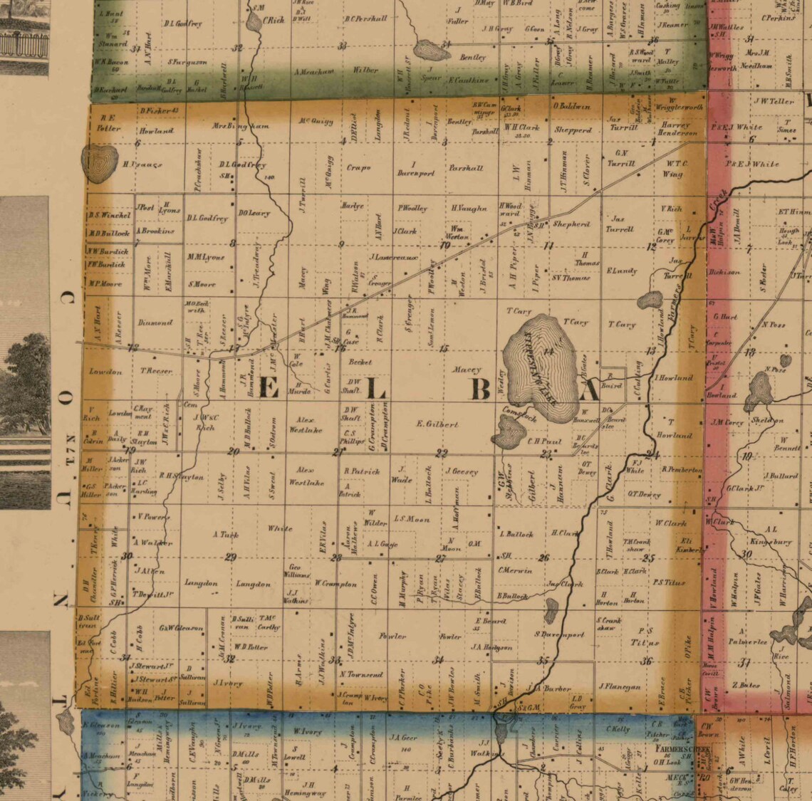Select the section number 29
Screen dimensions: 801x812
[x=230, y=557]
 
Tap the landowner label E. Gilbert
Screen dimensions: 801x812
[x=437, y=424]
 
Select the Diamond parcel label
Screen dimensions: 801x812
[x=155, y=323]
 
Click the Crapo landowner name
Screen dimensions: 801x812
[x=359, y=168]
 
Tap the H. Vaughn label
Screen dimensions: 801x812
[x=469, y=209]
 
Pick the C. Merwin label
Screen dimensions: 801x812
[x=515, y=570]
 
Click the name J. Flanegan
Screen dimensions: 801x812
[x=619, y=687]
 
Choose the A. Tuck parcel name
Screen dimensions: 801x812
[x=226, y=534]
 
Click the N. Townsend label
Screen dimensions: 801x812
[x=361, y=674]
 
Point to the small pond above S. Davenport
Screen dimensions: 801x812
[x=551, y=609]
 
